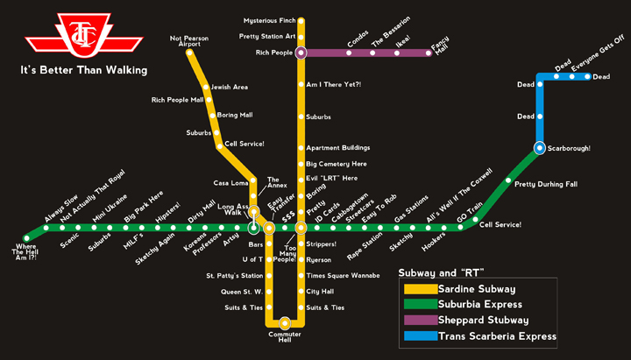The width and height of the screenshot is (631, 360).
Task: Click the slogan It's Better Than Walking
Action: (x=84, y=69)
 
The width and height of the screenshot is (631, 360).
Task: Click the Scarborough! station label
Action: (x=569, y=148)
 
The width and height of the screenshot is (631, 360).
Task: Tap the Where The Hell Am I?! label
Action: (x=25, y=252)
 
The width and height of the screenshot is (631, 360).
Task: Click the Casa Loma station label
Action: (x=231, y=182)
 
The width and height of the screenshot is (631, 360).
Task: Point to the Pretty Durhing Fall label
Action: (x=546, y=184)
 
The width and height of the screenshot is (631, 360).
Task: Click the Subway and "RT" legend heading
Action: (x=442, y=271)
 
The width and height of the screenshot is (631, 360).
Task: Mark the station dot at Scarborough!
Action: (x=540, y=147)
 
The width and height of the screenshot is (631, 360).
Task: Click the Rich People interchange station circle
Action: (x=301, y=53)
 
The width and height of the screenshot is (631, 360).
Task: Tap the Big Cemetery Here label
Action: (x=336, y=164)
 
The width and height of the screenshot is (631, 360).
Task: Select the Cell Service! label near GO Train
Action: (x=500, y=225)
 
